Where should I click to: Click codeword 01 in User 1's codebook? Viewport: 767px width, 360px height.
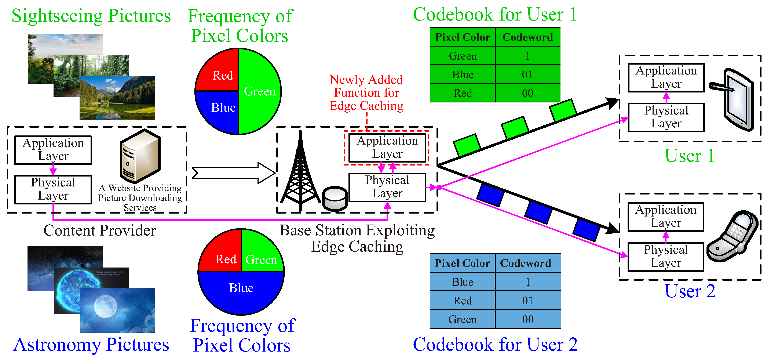coord(527,74)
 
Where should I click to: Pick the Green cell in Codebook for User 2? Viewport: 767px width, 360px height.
coord(462,319)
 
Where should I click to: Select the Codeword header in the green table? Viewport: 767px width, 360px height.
coord(527,37)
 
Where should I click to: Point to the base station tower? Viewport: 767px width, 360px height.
coord(300,176)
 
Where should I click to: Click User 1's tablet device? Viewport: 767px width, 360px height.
coord(737,100)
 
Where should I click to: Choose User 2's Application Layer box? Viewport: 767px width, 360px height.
coord(666,217)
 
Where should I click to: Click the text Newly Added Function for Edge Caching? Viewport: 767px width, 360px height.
coord(366,93)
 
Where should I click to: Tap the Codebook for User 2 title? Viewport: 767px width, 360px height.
coord(495,345)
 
